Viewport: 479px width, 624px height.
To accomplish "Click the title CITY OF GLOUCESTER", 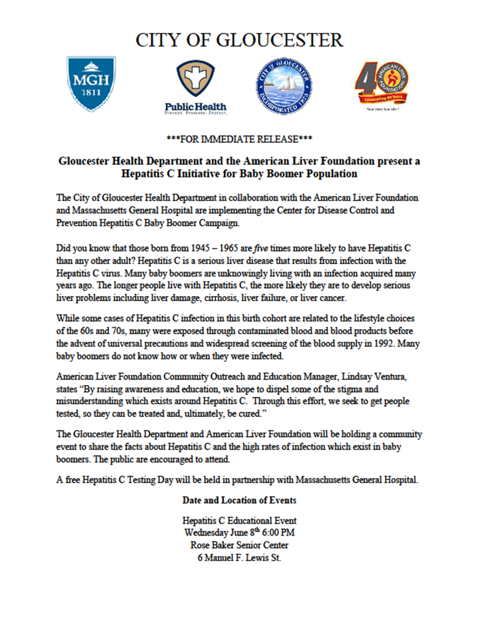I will coord(239,40).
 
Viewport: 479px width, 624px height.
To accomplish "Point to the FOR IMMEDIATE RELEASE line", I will coord(239,139).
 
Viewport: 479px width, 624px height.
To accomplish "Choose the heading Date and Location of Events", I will coord(239,500).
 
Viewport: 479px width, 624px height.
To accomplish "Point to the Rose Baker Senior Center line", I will coord(239,545).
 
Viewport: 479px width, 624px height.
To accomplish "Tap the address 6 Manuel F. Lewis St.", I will coord(239,557).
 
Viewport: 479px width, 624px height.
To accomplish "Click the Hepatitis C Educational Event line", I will coord(239,521).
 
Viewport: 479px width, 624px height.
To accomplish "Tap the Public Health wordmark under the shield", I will coord(195,107).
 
